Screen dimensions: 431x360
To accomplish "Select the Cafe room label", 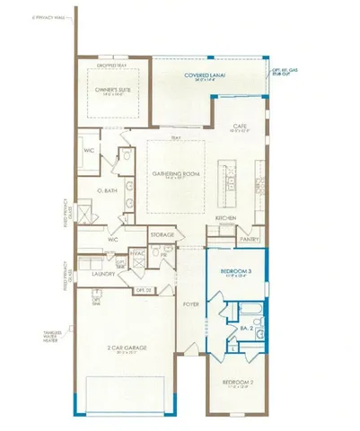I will click(240, 127).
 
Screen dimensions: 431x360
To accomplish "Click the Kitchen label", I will click(225, 218).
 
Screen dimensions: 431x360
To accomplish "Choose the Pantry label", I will click(250, 239).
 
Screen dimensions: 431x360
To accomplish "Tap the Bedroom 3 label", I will click(238, 270).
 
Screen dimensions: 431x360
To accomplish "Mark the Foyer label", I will click(190, 303).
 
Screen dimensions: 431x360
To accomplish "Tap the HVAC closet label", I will click(139, 255).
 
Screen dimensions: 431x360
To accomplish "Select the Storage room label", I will click(162, 233).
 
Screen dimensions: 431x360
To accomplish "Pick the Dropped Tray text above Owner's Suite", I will click(113, 65).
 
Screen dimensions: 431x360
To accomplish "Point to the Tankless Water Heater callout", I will click(51, 339).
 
